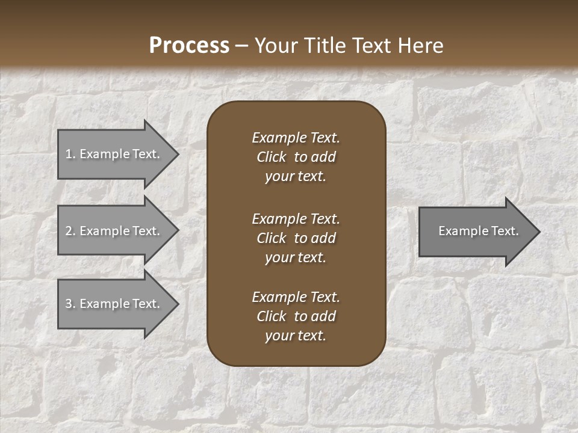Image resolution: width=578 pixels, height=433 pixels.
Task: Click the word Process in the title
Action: tap(189, 46)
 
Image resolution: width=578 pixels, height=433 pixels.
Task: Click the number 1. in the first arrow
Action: tap(70, 154)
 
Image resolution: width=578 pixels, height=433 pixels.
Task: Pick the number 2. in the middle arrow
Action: tap(70, 231)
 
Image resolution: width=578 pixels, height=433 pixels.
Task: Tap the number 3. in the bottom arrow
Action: tap(70, 304)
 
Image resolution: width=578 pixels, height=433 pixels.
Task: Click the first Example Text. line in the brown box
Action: tap(296, 138)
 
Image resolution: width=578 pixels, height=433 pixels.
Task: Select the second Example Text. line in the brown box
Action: tap(296, 219)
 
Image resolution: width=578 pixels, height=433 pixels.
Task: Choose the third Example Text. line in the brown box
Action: tap(296, 297)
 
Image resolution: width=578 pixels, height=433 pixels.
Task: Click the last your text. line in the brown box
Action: tap(296, 336)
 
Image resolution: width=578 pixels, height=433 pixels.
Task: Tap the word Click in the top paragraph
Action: tap(271, 157)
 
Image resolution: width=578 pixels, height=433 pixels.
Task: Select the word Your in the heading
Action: tap(275, 46)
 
